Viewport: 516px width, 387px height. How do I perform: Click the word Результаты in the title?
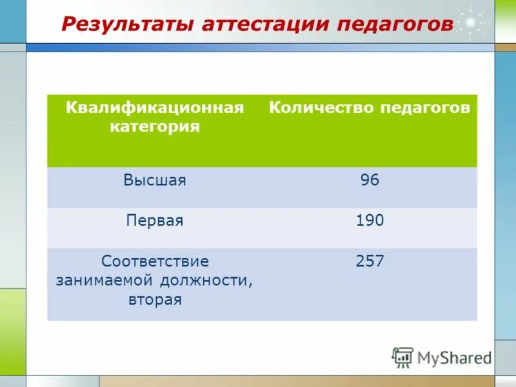tap(126, 25)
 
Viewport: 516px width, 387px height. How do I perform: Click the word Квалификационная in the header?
tap(155, 107)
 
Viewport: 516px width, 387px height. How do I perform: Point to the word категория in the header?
tap(155, 126)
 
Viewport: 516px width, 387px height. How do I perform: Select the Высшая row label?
tap(155, 181)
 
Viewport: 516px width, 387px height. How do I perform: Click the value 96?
tap(370, 181)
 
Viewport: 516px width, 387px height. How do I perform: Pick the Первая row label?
tap(155, 221)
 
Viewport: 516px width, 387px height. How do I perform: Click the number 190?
tap(370, 221)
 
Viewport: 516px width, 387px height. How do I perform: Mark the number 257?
tap(370, 261)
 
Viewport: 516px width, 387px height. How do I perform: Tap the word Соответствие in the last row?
tap(155, 262)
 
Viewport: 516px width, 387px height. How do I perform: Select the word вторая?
tap(155, 299)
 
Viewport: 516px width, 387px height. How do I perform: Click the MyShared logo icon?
tap(402, 357)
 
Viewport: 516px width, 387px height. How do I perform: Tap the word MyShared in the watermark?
tap(454, 357)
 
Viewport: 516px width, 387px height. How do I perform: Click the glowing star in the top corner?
tap(471, 22)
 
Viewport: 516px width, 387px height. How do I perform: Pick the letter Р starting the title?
tap(68, 25)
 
